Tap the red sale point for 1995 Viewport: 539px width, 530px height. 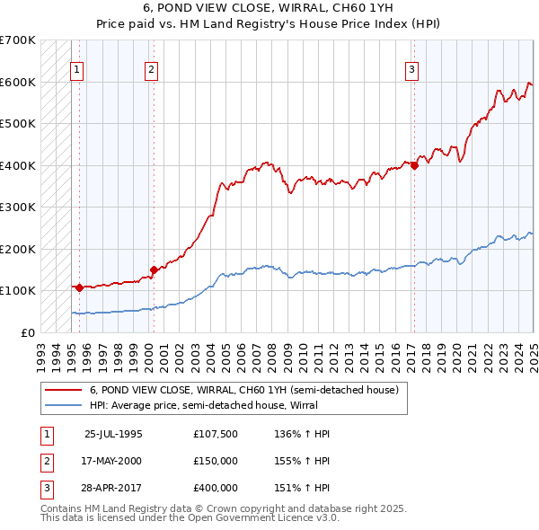click(80, 287)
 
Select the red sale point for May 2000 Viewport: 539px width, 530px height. click(154, 269)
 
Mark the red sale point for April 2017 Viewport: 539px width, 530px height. click(414, 165)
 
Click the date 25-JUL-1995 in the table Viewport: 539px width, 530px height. click(113, 434)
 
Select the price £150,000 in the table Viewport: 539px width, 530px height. click(215, 461)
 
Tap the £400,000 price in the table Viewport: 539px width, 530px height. click(215, 488)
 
